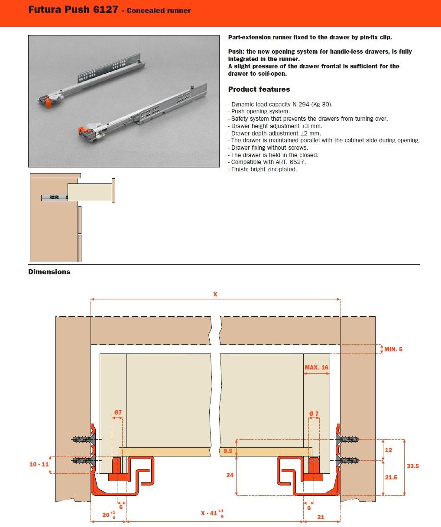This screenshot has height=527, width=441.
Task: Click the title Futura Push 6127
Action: coord(73,10)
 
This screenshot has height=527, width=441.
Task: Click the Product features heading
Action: coord(259,89)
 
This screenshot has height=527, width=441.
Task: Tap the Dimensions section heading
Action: coord(49,272)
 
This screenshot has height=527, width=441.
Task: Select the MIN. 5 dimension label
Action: coord(393,349)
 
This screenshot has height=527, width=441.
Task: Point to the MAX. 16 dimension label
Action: coord(316,367)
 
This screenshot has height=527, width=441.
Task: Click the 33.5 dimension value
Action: coord(413,466)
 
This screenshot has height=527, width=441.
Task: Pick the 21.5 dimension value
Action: coord(391,477)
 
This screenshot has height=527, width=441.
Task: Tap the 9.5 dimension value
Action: coord(228,451)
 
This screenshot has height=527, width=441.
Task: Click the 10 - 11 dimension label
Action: coord(39,464)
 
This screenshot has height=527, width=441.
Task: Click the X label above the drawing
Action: coord(215,294)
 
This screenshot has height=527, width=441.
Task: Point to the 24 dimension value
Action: coord(230,475)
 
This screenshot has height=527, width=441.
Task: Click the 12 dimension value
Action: coord(388,450)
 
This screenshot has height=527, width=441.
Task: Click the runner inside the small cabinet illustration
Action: coord(55,197)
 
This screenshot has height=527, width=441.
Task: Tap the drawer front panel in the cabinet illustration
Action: coord(113,190)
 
